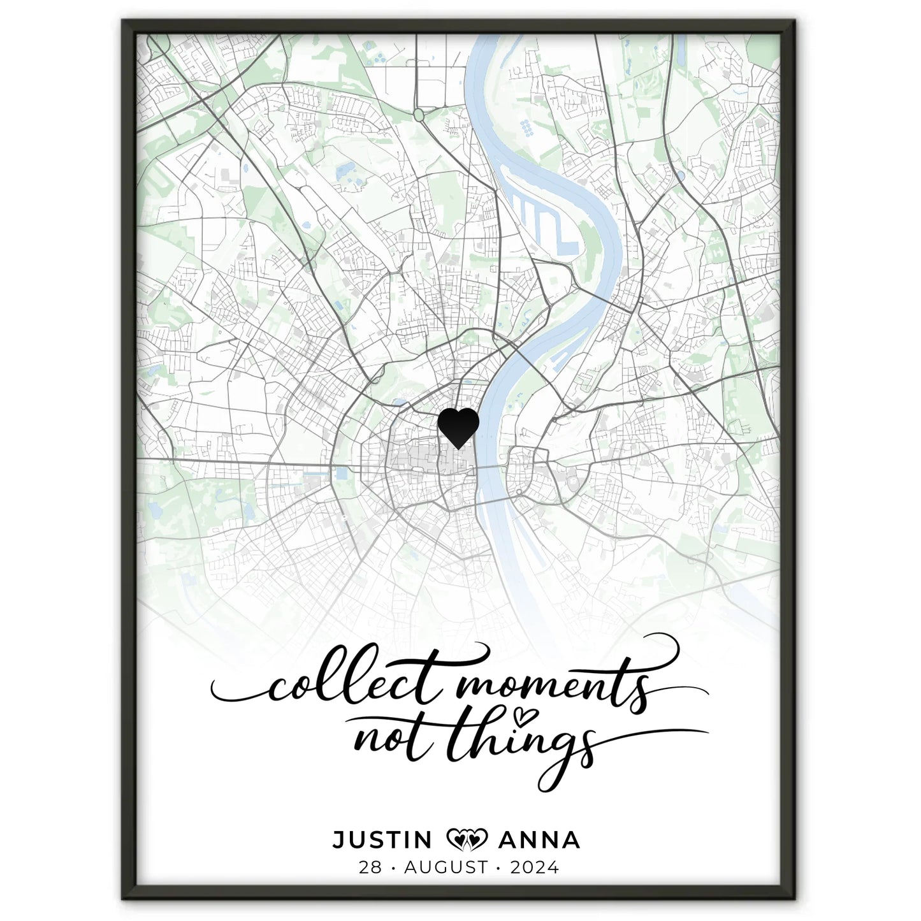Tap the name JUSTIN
(382, 840)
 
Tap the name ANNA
(539, 840)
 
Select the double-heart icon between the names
(467, 840)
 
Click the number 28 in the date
(370, 867)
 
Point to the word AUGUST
(446, 867)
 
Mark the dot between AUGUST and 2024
(500, 867)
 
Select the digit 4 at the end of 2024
(553, 867)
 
